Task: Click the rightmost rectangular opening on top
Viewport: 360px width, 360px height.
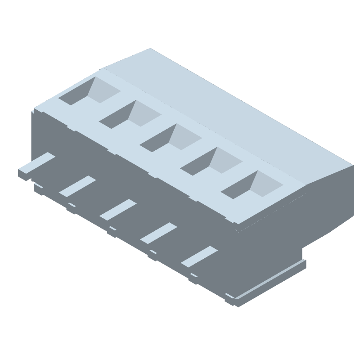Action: click(x=251, y=185)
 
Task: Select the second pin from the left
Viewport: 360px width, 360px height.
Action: click(x=77, y=186)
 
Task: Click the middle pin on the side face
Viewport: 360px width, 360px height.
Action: click(x=117, y=210)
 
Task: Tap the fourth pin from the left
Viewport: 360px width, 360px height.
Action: click(x=158, y=233)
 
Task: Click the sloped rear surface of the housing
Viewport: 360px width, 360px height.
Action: click(x=225, y=112)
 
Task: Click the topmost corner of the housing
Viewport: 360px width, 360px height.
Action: click(x=150, y=49)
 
